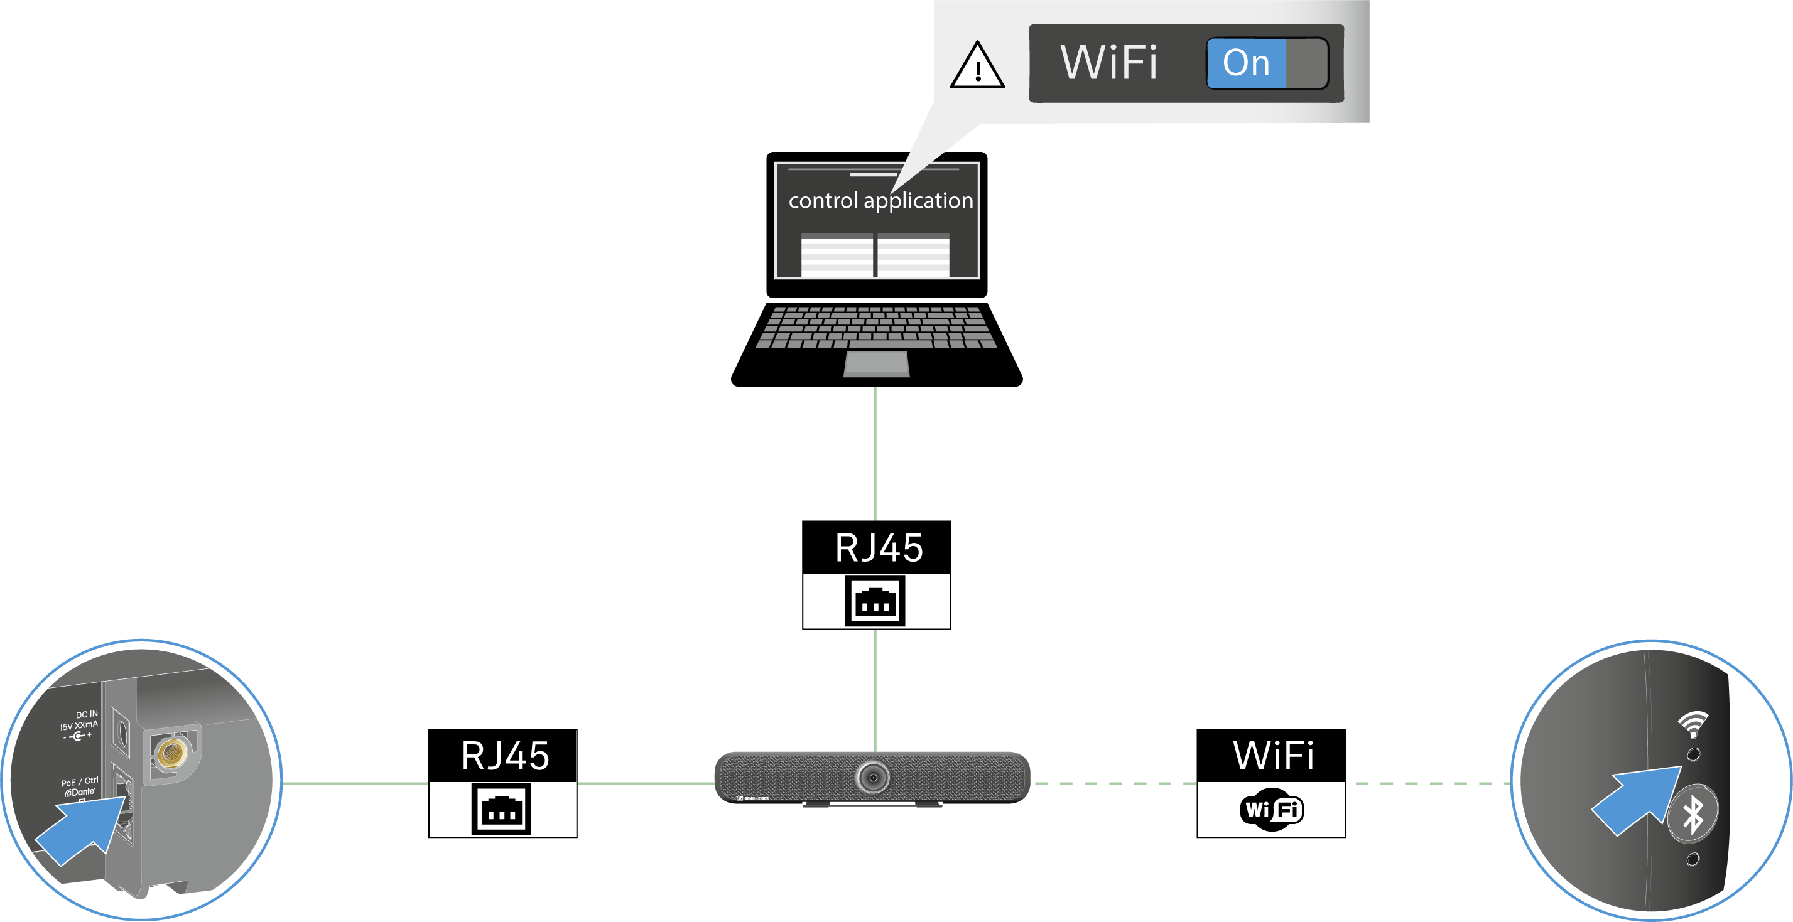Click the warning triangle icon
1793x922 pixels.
[977, 66]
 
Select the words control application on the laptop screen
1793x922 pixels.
[880, 200]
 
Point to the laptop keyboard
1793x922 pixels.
[876, 326]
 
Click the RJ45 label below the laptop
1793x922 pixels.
[879, 548]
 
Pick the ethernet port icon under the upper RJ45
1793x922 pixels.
[875, 601]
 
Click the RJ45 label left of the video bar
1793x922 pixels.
[506, 756]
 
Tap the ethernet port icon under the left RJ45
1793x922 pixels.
[502, 808]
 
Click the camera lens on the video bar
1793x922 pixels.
[873, 776]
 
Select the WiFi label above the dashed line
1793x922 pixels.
[1273, 756]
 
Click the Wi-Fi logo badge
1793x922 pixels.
[1271, 809]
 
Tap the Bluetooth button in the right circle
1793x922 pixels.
[1692, 813]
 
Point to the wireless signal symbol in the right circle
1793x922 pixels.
[1693, 724]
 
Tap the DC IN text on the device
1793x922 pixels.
[87, 715]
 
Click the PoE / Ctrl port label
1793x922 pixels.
[79, 781]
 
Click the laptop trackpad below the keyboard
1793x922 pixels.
[876, 364]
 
